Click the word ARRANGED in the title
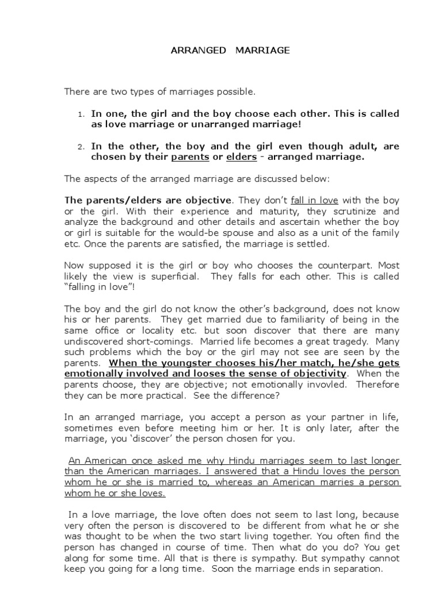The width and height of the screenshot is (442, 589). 199,51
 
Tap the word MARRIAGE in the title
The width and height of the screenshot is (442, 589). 262,51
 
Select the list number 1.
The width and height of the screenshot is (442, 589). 81,114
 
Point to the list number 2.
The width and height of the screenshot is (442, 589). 81,147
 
